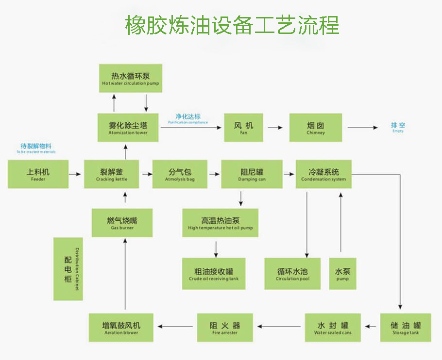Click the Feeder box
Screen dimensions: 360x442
tap(37, 174)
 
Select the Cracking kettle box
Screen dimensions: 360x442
tap(112, 174)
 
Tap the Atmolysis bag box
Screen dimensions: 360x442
tap(180, 174)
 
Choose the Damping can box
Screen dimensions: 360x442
tap(252, 174)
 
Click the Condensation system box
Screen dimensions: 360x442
tap(323, 174)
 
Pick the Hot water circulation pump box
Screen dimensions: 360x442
tap(130, 78)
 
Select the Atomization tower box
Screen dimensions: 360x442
tap(128, 128)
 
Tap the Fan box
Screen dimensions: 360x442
tap(243, 128)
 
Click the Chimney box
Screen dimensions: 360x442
tap(316, 128)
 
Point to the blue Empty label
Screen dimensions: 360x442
tap(398, 127)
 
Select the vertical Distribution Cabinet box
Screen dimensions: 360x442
tap(68, 269)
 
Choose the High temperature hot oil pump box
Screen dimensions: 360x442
tap(220, 223)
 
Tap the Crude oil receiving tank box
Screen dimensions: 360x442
tap(214, 274)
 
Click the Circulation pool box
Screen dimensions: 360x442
tap(292, 274)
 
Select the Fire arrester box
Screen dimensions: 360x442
tap(224, 327)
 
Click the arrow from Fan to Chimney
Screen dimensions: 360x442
tap(275, 128)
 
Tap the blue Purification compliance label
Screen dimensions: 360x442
tap(187, 119)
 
